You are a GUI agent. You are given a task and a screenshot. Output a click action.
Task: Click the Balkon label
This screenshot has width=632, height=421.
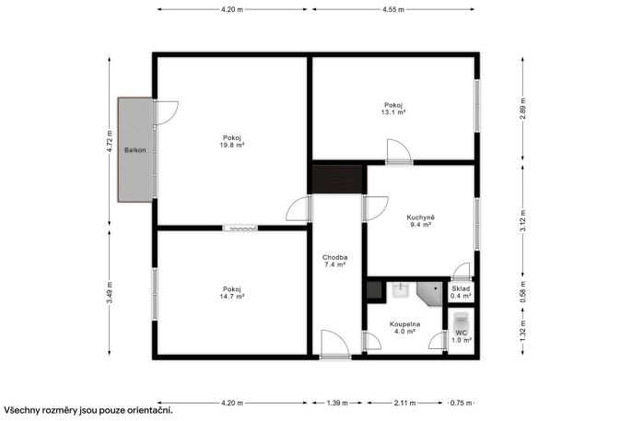pos(135,150)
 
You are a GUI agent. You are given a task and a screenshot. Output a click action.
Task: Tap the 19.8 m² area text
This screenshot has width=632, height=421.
pos(232,145)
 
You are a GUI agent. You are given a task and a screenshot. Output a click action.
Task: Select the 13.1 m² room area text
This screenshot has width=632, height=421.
pos(393,112)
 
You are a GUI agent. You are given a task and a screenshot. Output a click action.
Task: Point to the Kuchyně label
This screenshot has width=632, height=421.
pos(420,217)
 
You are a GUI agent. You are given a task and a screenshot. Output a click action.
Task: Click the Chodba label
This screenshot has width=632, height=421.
pos(335,257)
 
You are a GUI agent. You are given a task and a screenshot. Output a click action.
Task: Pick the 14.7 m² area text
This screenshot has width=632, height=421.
pos(232,297)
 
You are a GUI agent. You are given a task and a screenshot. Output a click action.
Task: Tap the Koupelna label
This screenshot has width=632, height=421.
pos(404,324)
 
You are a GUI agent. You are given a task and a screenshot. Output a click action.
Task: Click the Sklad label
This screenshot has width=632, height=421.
pos(461,288)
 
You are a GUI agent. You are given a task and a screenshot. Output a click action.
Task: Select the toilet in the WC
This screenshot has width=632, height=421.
pos(460,321)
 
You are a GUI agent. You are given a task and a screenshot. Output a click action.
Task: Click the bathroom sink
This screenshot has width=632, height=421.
pos(401,289)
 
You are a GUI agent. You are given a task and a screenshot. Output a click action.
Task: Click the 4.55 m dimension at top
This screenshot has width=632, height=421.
pos(393,9)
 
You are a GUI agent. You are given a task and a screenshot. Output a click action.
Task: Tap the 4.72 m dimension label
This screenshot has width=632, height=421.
pos(110,142)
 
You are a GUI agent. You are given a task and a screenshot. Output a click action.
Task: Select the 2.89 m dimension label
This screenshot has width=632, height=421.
pos(522,109)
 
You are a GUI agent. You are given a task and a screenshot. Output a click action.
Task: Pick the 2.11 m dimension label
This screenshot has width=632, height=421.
pos(404,403)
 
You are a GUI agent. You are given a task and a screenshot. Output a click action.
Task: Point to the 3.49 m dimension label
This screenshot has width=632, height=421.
pos(110,292)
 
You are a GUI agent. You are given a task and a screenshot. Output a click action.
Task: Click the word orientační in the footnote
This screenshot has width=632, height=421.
pos(150,411)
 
